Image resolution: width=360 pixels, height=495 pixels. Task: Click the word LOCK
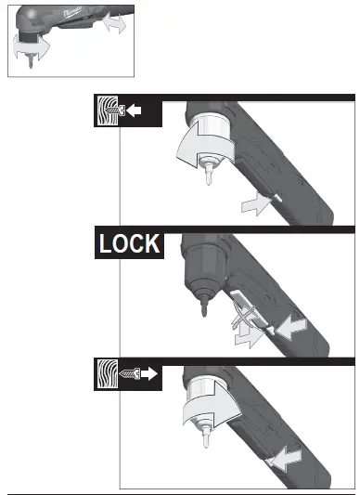click(129, 244)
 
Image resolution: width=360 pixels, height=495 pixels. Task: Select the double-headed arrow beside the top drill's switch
click(115, 24)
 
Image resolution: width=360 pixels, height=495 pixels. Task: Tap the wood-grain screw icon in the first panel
click(109, 112)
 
